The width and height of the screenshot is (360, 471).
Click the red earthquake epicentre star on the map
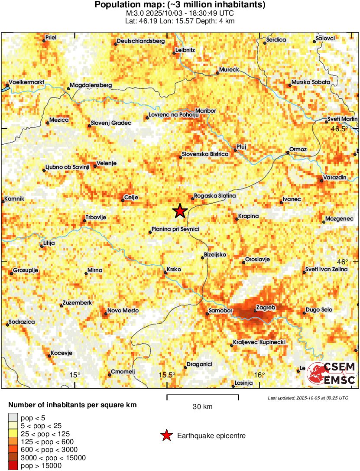tap(180, 211)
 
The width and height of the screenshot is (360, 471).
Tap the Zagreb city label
tap(266, 308)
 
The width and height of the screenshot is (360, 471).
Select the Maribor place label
tap(205, 111)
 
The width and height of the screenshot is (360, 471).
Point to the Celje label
tap(131, 198)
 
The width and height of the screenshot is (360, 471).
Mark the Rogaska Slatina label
tap(214, 196)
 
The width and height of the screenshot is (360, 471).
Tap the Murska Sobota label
tap(311, 82)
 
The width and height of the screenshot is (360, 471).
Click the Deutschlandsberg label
tap(141, 41)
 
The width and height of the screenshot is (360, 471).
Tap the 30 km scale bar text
tap(202, 406)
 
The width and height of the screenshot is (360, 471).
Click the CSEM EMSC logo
tap(333, 374)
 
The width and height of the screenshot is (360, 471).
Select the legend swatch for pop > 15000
tap(13, 466)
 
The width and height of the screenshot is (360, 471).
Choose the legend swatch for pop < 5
tap(13, 418)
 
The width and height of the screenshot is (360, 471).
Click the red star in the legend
tap(166, 436)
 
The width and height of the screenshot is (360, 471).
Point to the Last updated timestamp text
tap(308, 398)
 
